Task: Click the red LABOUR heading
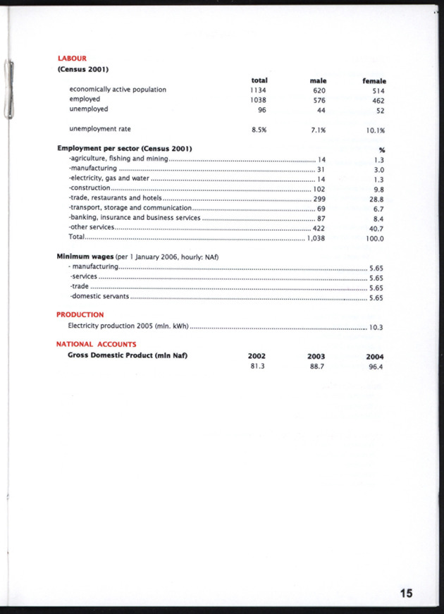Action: coord(71,58)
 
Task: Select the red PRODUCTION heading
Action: coord(80,314)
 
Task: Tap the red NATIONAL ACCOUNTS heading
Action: coord(96,344)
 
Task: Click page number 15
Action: coord(406,593)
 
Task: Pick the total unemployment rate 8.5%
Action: coord(258,130)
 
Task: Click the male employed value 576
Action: coord(319,99)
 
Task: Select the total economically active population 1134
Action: coord(257,90)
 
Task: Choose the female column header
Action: coord(374,81)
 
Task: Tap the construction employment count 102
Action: coord(319,189)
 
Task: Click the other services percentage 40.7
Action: coord(376,228)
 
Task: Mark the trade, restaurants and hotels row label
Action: coord(114,199)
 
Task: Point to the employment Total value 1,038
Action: coord(315,238)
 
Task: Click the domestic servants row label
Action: coord(99,297)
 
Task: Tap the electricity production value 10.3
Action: coord(376,327)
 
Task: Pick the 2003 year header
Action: coord(316,357)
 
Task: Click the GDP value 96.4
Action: coord(375,367)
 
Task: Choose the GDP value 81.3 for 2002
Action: coord(257,367)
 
